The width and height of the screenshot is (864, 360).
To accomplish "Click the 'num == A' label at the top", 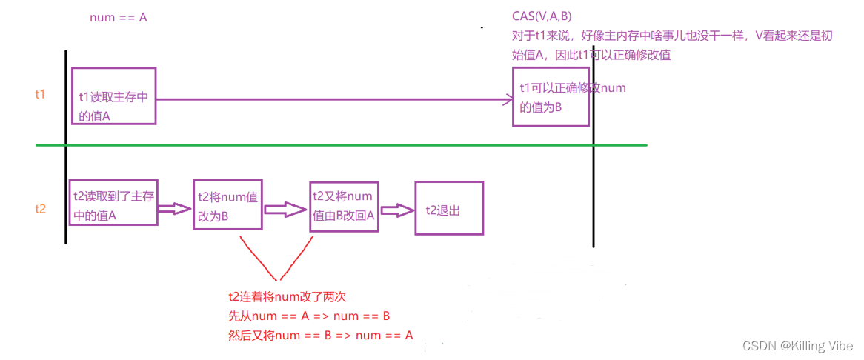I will point(119,17).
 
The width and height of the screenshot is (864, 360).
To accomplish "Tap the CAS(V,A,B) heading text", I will point(542,16).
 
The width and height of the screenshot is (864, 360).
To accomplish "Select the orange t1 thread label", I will point(41,94).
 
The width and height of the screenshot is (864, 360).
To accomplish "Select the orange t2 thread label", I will point(41,209).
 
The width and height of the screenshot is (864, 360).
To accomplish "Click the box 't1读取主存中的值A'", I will point(113,96).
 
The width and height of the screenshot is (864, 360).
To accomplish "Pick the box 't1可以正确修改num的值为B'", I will point(551,97).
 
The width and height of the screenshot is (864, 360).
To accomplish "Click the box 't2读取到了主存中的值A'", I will point(113,202).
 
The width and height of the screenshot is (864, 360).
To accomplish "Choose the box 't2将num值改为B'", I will point(227,205).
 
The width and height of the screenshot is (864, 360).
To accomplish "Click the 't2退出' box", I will point(449,209).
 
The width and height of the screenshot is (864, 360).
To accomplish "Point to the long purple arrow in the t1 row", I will point(333,98).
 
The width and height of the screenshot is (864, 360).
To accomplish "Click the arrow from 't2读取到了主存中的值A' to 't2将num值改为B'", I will point(175,210).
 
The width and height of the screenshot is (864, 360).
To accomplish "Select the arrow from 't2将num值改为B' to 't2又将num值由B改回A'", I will point(285,211).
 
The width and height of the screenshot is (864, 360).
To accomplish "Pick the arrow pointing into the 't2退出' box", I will point(396,210).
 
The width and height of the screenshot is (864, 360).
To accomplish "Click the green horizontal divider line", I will point(341,145).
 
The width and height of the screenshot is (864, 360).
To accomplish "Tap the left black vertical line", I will point(66,148).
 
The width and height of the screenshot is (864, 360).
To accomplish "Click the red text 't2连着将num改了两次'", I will point(288,297).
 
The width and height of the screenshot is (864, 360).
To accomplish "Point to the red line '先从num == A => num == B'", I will point(310,316).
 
